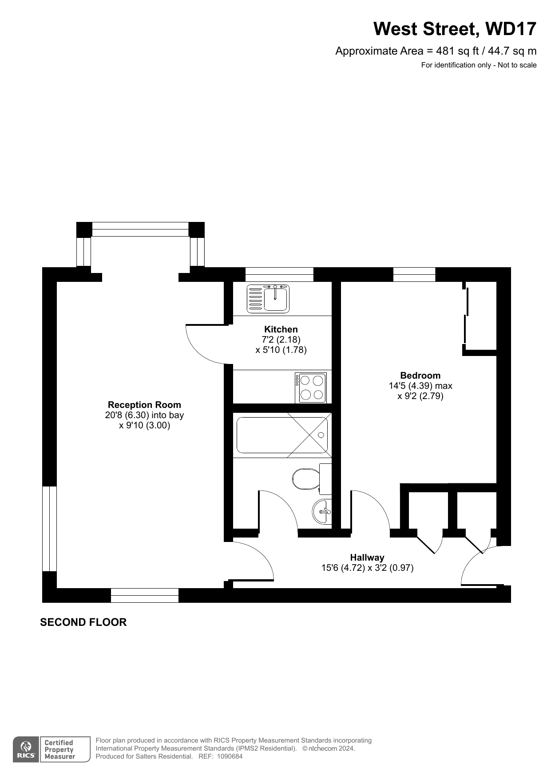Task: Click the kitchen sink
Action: point(268,299)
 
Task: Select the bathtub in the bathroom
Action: point(282,435)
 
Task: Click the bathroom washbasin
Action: point(322,512)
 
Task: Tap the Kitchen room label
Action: point(281,329)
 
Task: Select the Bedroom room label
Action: point(420,376)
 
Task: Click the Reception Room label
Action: point(144,405)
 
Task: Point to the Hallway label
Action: point(367,558)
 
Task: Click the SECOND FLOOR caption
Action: point(83,622)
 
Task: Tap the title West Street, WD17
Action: point(455,29)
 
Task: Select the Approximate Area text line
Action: point(436,51)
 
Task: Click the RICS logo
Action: point(27,749)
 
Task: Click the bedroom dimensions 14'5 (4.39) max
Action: point(420,386)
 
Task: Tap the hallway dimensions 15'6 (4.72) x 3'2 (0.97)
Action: point(367,568)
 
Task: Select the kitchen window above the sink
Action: point(279,274)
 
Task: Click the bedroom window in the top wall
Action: point(414,274)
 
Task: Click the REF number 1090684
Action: point(230,756)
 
